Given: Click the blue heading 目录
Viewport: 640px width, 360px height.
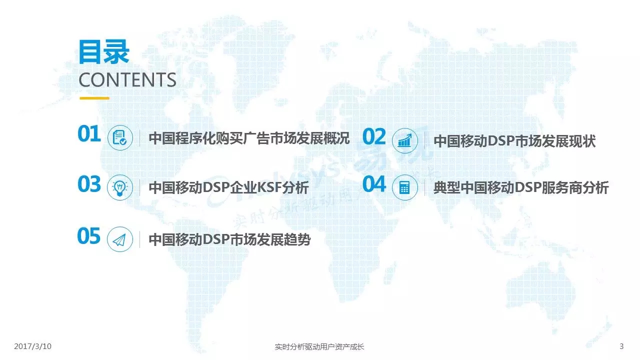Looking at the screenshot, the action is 104,52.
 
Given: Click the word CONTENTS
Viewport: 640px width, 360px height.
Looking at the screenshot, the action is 127,79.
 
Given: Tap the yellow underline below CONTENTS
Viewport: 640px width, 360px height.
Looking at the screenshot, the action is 94,98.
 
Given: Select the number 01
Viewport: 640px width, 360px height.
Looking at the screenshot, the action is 89,133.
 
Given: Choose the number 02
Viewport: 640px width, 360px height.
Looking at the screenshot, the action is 374,136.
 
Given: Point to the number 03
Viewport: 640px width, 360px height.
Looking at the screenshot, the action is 89,184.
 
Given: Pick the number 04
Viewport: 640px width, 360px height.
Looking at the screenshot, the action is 374,184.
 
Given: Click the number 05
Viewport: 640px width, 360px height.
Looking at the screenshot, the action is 89,236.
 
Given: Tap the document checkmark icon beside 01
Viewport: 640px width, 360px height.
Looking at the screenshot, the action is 120,137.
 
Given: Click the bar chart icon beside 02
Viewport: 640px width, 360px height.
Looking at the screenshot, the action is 405,140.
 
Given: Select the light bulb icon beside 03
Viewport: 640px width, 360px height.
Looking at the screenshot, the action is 120,187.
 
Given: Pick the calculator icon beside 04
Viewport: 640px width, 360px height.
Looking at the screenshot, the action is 405,187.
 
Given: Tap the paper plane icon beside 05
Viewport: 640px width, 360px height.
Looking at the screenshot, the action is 120,239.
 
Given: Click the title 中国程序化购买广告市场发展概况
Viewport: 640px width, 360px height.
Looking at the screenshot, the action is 249,138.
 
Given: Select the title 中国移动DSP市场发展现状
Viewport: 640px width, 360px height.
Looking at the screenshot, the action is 514,141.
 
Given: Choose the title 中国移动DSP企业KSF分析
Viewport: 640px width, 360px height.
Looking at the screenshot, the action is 229,188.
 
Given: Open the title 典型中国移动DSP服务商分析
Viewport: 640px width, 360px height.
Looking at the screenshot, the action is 521,188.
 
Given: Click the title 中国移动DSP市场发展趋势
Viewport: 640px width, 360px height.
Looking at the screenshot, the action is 229,239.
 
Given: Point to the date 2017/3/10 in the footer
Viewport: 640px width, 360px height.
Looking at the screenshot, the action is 33,346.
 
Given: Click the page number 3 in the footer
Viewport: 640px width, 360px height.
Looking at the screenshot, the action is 621,346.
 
